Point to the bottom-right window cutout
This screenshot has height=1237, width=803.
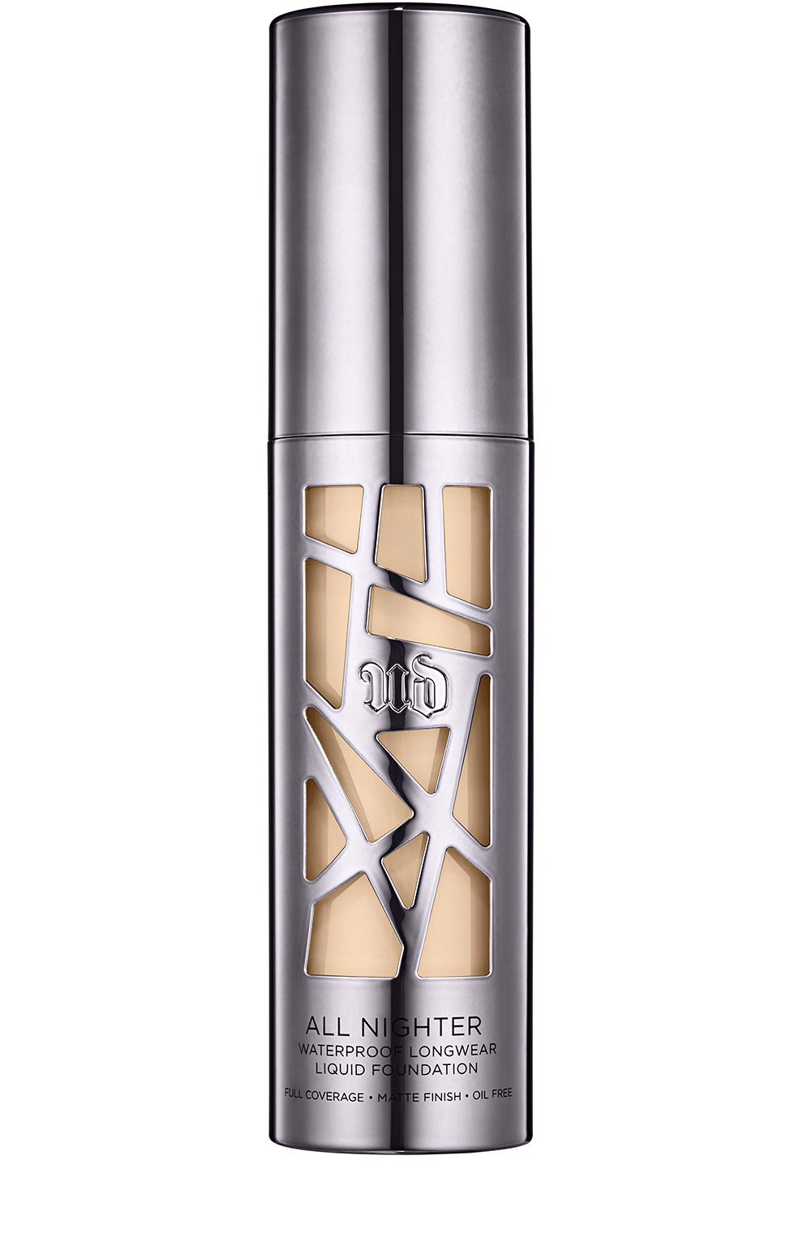(x=454, y=916)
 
